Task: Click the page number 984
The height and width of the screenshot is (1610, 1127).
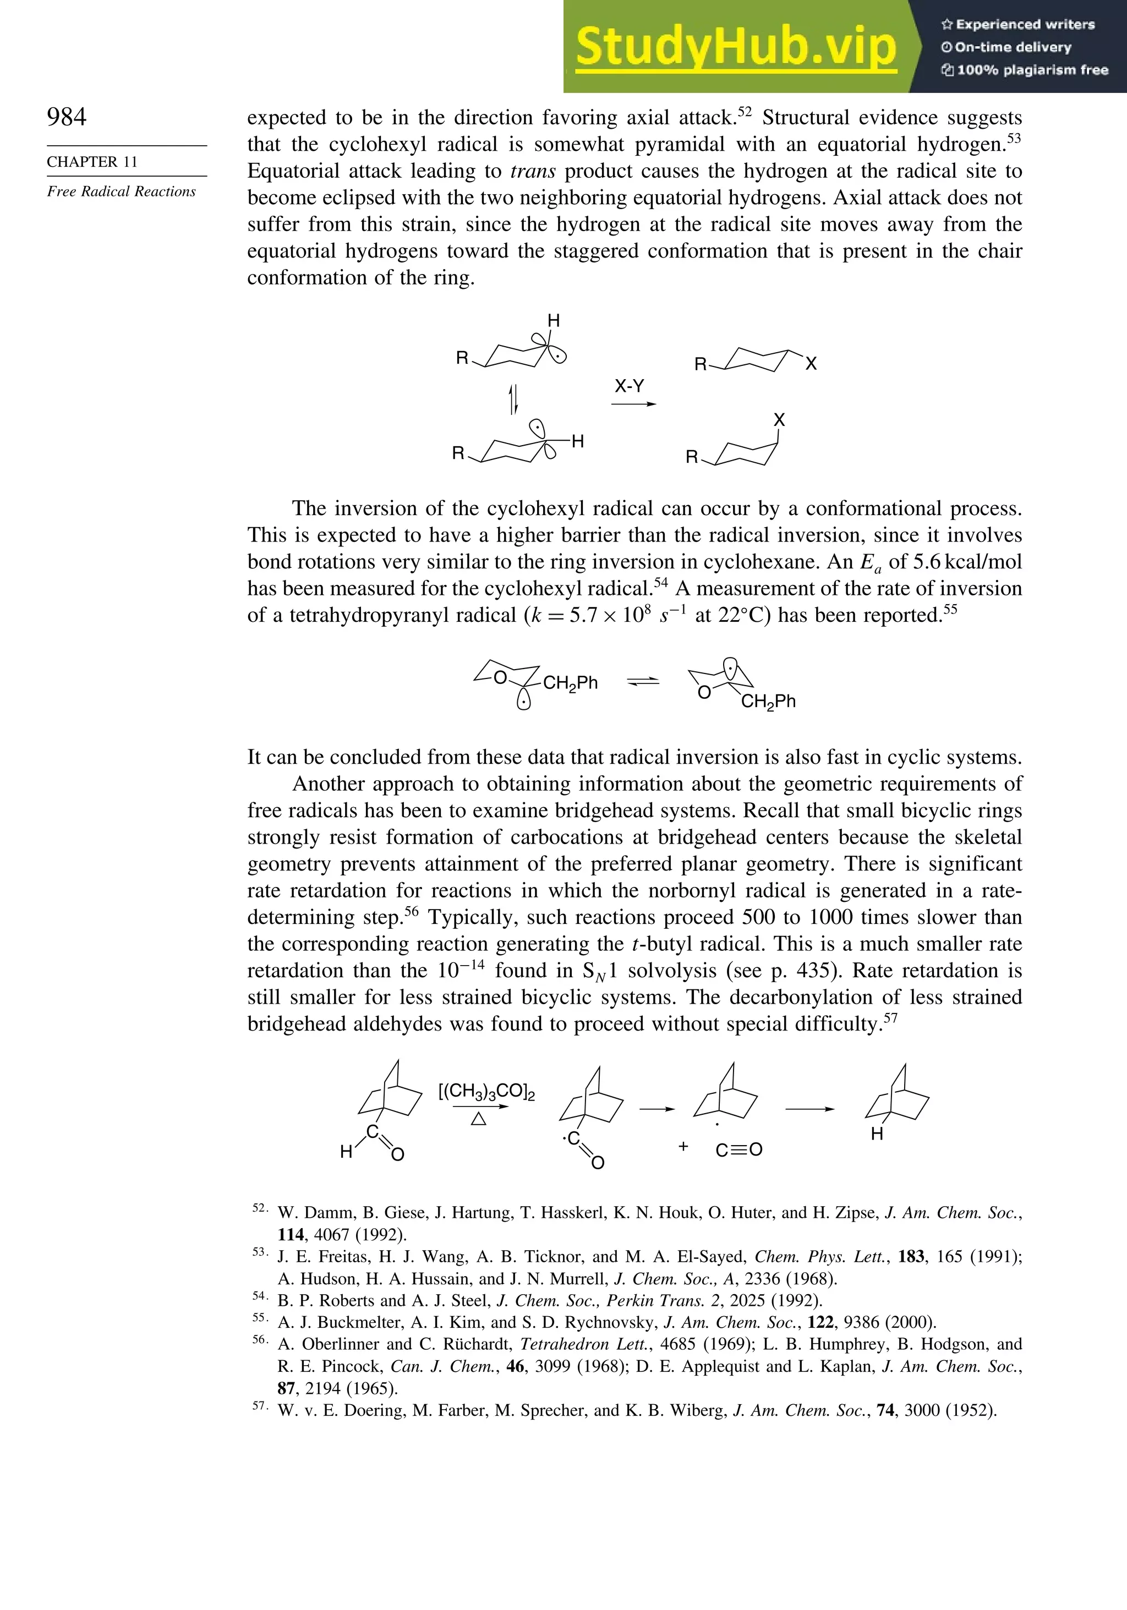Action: (x=67, y=117)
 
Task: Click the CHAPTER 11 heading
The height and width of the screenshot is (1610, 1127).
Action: (x=92, y=162)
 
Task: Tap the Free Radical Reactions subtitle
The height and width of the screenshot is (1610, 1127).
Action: (x=121, y=192)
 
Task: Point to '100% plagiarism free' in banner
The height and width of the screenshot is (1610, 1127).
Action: (x=1025, y=70)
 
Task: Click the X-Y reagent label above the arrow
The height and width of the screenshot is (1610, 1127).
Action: (x=629, y=386)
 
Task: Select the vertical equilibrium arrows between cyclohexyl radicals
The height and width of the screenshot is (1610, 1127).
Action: (x=513, y=398)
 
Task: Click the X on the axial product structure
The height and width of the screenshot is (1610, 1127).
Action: (x=779, y=420)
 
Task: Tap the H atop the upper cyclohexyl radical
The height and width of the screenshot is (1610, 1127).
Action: (x=554, y=321)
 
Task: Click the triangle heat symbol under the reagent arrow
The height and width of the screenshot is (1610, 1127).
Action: (x=478, y=1120)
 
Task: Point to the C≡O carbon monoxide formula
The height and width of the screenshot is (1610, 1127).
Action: (x=738, y=1150)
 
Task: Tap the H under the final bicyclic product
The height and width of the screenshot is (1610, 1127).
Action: (x=877, y=1135)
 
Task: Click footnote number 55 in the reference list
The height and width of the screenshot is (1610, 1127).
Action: (x=260, y=1318)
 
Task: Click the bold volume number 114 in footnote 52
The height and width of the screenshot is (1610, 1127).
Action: (x=291, y=1234)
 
